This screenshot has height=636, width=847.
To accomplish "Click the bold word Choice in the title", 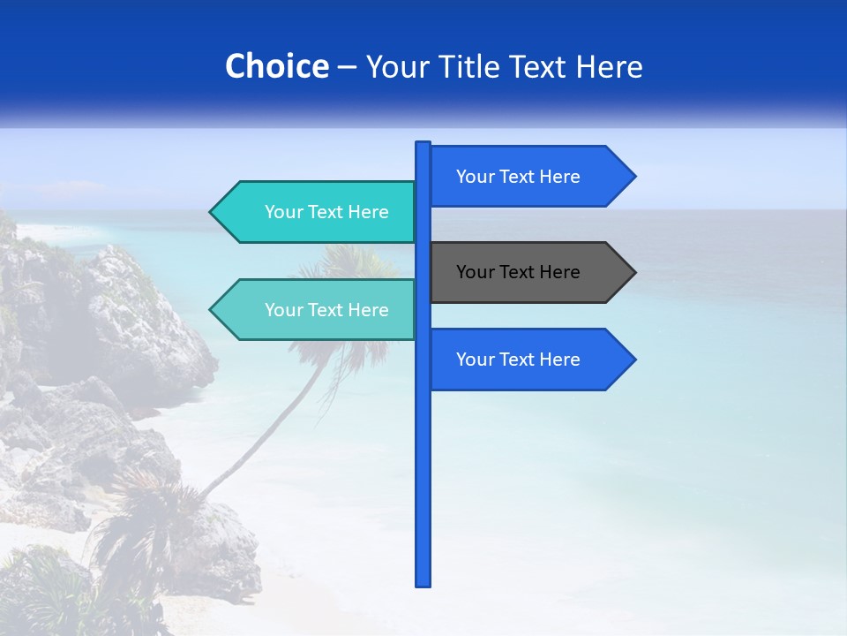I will (276, 66).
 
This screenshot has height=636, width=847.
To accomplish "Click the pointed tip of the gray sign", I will (633, 272).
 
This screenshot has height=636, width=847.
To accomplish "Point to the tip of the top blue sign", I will (633, 177).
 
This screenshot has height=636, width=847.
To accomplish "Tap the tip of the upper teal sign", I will (212, 212).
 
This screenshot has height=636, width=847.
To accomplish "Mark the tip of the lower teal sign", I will (212, 310).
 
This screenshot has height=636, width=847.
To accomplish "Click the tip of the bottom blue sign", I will (633, 360).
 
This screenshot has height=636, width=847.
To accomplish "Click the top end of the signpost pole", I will (423, 144).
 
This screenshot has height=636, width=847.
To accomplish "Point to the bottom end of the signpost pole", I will (423, 584).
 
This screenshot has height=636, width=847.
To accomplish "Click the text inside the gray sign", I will (518, 272).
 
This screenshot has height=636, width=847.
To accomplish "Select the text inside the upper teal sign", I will (326, 212).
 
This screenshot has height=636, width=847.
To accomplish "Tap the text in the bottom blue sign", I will (518, 360).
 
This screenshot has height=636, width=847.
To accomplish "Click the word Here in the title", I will (610, 67).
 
